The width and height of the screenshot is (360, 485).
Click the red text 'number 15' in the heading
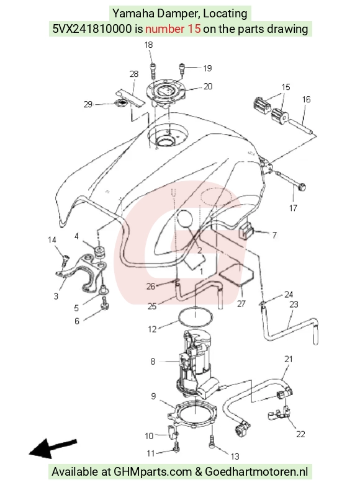point(173,29)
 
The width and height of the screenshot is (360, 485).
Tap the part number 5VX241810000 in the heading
point(92,29)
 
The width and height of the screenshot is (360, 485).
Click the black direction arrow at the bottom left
point(53,448)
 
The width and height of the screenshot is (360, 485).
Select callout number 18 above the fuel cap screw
point(148,45)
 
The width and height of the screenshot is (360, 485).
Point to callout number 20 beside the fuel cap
point(208,86)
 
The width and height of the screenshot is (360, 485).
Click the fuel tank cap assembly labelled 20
point(166,93)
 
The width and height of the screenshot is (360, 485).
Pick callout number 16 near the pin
point(306,99)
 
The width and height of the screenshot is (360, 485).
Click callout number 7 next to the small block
point(274,236)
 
